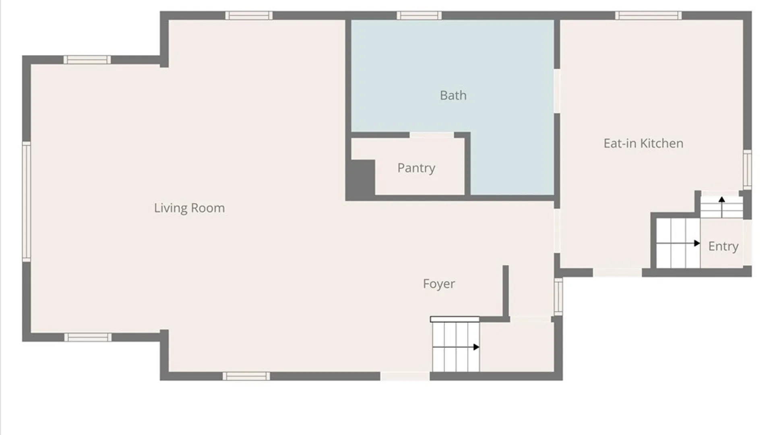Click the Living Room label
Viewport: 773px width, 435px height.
189,208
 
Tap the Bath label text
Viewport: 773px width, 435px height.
453,95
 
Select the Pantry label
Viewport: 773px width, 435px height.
416,168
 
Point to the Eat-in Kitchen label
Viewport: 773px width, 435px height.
643,143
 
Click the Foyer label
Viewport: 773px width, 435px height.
439,284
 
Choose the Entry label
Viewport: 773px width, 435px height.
723,246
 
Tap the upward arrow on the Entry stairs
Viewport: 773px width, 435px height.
722,207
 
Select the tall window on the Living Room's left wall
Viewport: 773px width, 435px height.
26,201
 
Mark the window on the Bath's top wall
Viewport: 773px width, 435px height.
419,16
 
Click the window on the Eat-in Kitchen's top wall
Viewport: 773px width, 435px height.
648,16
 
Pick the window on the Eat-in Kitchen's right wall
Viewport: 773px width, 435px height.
747,169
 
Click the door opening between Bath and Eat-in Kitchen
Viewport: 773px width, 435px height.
557,91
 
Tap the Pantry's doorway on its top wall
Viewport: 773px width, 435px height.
432,135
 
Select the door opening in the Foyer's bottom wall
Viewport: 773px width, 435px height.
405,376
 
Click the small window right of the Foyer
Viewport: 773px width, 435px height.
558,297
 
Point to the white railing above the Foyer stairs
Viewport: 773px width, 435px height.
455,319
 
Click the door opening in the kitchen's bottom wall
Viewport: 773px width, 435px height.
617,273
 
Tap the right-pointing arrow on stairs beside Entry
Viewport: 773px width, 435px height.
678,243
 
